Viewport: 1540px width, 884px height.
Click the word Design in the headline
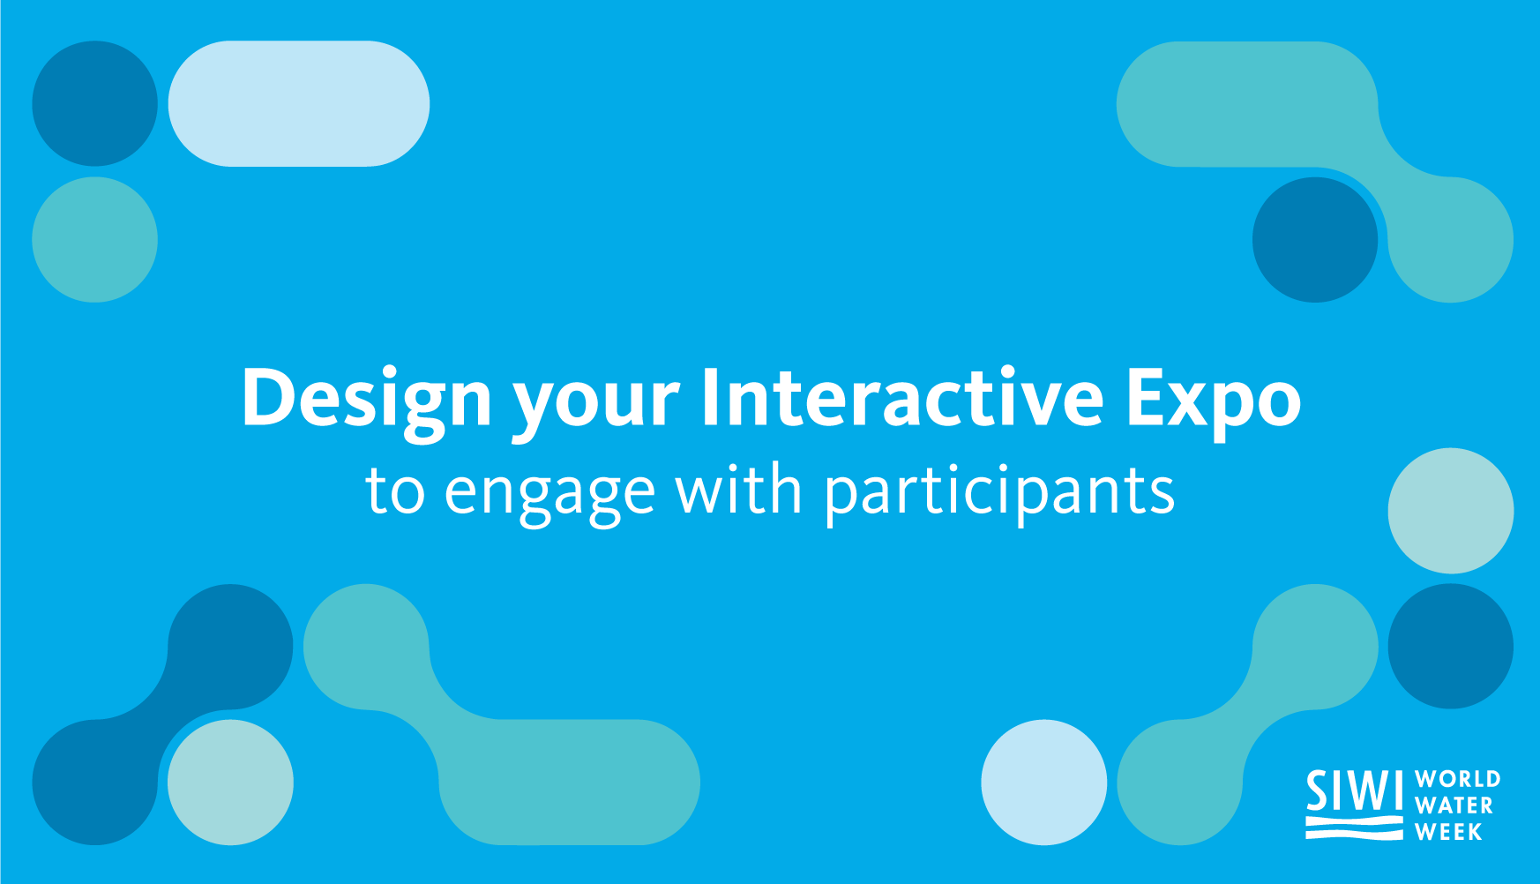point(366,400)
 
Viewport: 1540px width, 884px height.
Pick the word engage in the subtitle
point(549,498)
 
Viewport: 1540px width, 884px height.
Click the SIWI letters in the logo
point(1354,790)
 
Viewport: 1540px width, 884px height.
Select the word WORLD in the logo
point(1457,779)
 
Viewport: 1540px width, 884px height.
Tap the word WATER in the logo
point(1454,805)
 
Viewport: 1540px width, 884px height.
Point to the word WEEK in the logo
point(1448,832)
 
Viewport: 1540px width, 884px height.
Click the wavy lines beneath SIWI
point(1354,828)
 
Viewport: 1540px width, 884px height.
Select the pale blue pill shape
point(298,103)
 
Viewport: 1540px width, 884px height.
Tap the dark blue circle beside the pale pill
point(94,103)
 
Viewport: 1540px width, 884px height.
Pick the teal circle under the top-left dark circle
point(94,239)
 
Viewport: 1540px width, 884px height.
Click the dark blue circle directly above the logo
point(1450,646)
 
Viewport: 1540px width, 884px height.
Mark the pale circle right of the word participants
point(1450,511)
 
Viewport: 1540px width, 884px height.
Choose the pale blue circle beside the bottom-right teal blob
point(1043,782)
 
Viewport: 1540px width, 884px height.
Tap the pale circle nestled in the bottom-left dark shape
point(230,782)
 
